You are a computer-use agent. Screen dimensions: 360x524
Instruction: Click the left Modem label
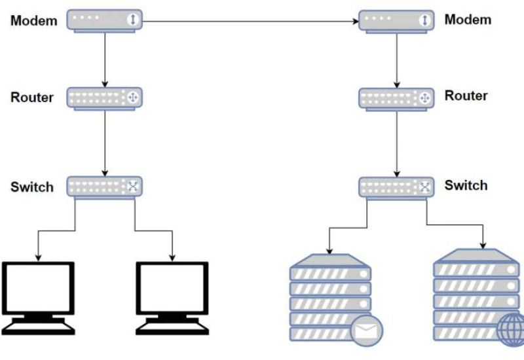(x=34, y=21)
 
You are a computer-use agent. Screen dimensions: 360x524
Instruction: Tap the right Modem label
(x=468, y=20)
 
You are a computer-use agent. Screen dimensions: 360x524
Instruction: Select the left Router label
(x=32, y=98)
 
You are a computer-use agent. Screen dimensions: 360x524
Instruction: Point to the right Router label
(x=466, y=96)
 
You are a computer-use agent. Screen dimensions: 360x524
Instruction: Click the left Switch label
(x=32, y=187)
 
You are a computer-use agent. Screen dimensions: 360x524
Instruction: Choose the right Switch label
(x=466, y=185)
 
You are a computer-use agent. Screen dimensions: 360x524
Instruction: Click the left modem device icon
(x=105, y=21)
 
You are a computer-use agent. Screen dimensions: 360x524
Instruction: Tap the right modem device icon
(x=396, y=20)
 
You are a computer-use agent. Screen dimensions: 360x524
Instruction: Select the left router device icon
(x=105, y=99)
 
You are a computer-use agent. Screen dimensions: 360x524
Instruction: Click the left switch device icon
(x=105, y=187)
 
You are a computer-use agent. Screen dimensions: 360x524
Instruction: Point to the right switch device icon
(x=396, y=187)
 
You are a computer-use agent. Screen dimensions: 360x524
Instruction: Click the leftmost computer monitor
(x=38, y=289)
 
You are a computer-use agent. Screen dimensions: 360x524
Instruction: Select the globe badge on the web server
(x=510, y=331)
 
